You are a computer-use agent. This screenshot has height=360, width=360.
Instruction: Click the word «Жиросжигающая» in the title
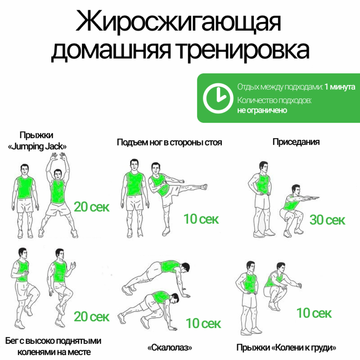178,22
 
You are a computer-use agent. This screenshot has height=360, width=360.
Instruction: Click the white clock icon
218,98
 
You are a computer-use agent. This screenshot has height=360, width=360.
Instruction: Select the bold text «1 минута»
340,87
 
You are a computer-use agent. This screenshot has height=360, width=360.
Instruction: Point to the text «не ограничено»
262,110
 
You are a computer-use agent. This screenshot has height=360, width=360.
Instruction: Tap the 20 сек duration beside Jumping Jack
92,207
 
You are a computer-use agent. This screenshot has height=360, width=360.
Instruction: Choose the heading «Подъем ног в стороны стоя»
169,142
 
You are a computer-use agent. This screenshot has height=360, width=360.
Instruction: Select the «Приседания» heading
296,142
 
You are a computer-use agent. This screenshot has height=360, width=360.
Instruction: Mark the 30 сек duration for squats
327,220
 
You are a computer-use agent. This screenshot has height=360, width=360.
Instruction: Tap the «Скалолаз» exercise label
170,348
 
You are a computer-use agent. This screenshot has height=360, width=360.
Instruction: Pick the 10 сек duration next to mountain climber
203,323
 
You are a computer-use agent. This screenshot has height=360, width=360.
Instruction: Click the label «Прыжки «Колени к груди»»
286,348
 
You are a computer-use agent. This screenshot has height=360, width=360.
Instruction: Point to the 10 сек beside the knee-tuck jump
314,313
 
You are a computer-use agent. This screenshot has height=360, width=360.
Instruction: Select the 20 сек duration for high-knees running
92,317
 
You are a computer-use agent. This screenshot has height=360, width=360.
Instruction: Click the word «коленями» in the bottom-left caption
35,352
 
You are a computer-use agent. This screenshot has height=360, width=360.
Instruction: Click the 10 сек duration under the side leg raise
201,219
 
